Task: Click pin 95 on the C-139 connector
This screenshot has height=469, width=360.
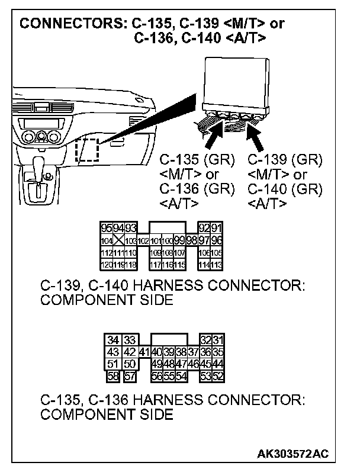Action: click(x=107, y=228)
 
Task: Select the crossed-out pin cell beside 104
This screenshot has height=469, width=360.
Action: click(x=120, y=240)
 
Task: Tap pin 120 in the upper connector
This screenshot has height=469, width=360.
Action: click(x=107, y=265)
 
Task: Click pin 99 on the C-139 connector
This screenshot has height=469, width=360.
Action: click(x=179, y=240)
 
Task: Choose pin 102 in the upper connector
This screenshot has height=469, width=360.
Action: click(x=143, y=240)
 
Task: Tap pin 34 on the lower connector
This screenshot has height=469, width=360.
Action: click(x=113, y=340)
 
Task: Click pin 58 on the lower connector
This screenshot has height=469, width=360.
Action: click(x=112, y=375)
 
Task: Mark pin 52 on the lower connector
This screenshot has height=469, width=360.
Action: click(x=217, y=375)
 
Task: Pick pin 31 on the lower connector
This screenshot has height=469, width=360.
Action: click(x=217, y=340)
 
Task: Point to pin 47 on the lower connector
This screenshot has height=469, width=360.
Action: click(x=181, y=364)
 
